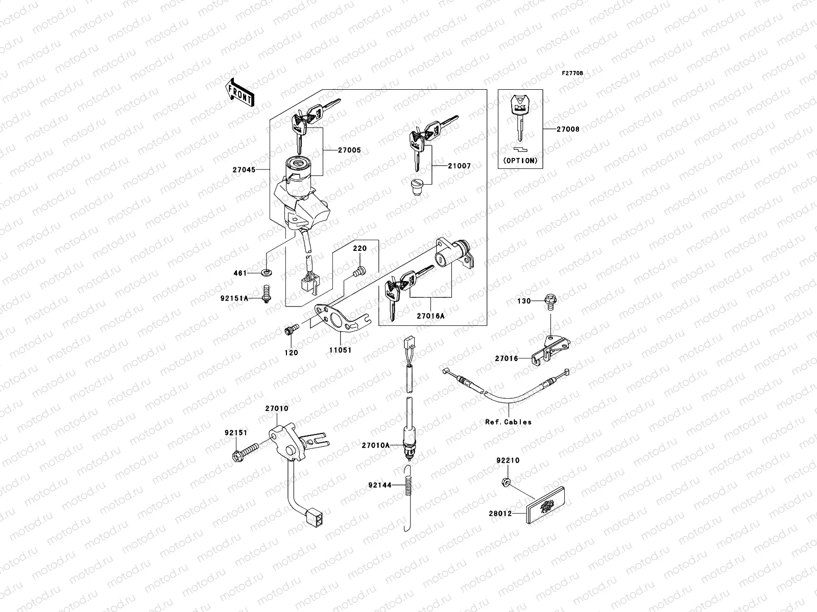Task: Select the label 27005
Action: click(x=349, y=150)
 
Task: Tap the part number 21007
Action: click(x=459, y=166)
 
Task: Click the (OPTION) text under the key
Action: click(x=520, y=160)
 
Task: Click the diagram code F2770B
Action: click(x=572, y=73)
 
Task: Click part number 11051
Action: click(x=340, y=351)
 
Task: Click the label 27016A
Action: click(x=430, y=316)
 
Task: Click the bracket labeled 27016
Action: click(x=548, y=351)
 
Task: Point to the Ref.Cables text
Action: click(x=509, y=422)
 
